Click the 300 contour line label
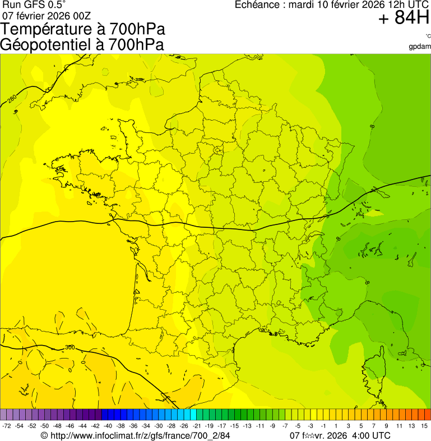point(69,347)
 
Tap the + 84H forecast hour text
point(404,19)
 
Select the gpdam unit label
point(420,46)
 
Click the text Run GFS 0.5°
point(34,4)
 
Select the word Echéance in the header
point(258,5)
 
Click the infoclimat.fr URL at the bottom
point(140,436)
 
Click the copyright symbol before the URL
point(44,436)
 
